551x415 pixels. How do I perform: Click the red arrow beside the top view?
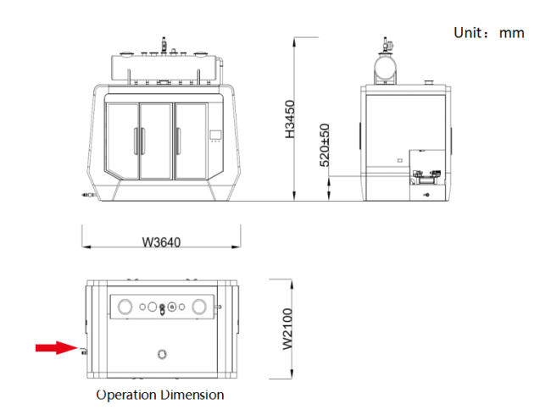(56, 347)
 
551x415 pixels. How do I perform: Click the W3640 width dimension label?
(161, 242)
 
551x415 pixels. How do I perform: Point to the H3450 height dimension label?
(290, 119)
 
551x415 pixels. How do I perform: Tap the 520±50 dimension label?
(325, 145)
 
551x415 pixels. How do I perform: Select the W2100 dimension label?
(287, 329)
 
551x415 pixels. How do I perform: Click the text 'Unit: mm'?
(489, 33)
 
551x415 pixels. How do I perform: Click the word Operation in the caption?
(126, 395)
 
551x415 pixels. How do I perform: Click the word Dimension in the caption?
(192, 395)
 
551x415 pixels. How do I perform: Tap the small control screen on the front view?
(215, 135)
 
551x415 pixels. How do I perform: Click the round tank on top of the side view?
(385, 67)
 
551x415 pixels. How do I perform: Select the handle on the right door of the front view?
(178, 141)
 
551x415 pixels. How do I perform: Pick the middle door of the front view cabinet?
(156, 141)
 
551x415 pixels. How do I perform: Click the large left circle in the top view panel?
(125, 307)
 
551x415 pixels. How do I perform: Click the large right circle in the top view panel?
(199, 307)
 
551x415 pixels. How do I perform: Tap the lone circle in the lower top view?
(162, 354)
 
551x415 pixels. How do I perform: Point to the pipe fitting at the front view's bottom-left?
(88, 195)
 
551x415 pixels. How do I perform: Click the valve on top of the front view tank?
(164, 44)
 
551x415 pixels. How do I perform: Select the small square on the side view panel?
(399, 160)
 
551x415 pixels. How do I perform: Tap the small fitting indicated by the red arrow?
(84, 351)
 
